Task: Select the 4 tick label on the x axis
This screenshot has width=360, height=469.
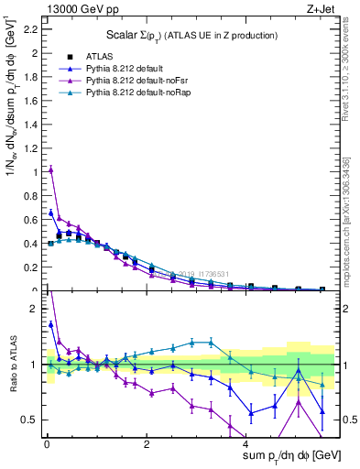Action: point(247,444)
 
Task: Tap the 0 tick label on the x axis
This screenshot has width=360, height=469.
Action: point(46,444)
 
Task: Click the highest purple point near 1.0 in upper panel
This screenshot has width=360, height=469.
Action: point(51,169)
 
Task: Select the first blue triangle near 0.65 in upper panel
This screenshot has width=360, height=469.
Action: point(51,213)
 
